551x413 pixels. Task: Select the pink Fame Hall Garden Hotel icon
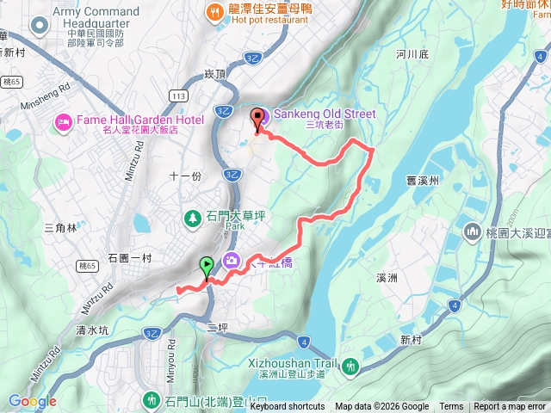click(62, 124)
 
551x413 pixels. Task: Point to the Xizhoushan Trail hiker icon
click(350, 367)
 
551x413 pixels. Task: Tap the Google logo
click(33, 402)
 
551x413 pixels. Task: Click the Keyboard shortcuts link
click(288, 407)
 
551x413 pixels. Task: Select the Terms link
click(451, 407)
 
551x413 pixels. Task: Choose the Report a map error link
click(511, 407)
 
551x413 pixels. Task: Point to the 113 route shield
click(178, 96)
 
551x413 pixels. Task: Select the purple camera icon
click(232, 260)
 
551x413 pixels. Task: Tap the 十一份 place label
click(184, 176)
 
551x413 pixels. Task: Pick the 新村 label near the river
click(413, 340)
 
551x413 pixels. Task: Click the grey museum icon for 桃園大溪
click(472, 232)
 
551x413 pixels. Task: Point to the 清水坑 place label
click(92, 330)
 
